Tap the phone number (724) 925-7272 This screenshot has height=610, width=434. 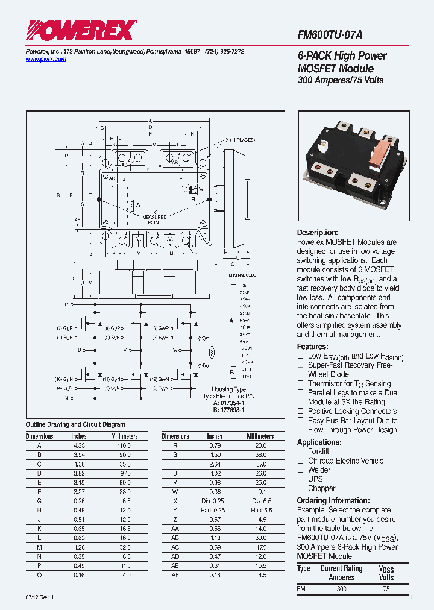(225, 52)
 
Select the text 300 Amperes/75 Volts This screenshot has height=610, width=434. (341, 80)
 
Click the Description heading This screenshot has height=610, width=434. (317, 233)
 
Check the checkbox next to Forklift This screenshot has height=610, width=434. (301, 451)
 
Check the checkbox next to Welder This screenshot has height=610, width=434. (301, 470)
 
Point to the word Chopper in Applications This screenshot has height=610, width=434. (322, 488)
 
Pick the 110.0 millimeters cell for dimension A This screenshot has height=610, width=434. (124, 445)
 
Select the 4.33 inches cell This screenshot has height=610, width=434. (78, 445)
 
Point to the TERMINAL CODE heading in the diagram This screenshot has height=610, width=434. (241, 274)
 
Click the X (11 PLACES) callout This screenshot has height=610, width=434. (240, 140)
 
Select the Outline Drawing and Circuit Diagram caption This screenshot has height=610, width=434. (75, 425)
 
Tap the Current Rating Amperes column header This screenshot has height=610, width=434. (341, 573)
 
